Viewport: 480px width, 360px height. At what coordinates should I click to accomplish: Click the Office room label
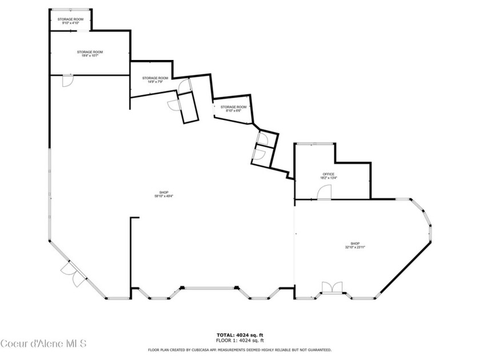click(x=328, y=174)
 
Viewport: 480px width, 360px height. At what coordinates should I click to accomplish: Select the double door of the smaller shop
click(x=331, y=287)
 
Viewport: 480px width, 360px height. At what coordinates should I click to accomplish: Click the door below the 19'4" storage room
click(x=67, y=81)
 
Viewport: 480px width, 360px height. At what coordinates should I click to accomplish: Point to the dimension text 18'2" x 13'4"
click(x=329, y=178)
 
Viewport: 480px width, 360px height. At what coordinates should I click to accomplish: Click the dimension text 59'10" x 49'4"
click(x=164, y=196)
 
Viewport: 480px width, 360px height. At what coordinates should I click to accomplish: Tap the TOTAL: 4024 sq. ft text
click(x=239, y=335)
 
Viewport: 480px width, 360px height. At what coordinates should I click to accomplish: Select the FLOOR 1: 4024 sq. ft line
click(x=239, y=340)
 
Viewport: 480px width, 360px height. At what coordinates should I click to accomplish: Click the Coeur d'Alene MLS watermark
click(x=43, y=343)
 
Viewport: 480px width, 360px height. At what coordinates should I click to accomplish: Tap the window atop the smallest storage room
click(x=70, y=9)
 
